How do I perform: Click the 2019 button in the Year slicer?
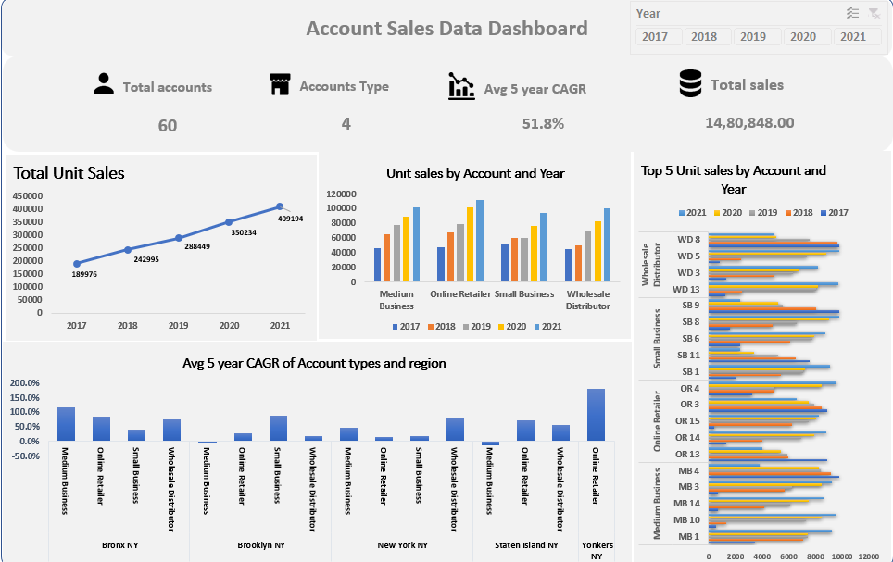tap(753, 37)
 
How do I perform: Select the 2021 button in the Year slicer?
tap(853, 37)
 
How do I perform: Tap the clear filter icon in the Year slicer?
tap(874, 13)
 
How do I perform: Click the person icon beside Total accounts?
tap(104, 85)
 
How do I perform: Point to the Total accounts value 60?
tap(167, 125)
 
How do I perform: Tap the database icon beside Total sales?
tap(690, 84)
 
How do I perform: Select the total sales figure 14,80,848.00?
tap(749, 122)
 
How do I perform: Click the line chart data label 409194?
tap(291, 219)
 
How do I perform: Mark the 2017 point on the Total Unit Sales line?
tap(77, 263)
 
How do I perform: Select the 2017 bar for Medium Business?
tap(378, 265)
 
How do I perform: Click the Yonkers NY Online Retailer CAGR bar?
tap(596, 415)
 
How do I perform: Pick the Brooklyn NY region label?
tap(260, 545)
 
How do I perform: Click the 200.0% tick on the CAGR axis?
tap(25, 382)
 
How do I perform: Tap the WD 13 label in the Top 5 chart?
tap(686, 289)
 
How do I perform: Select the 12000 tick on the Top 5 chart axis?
tap(868, 556)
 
